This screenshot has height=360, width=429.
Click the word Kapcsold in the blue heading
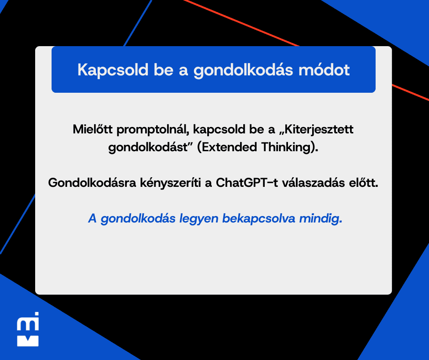pyautogui.click(x=113, y=70)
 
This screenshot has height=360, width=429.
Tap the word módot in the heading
pyautogui.click(x=324, y=70)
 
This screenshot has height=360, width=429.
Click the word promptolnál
pyautogui.click(x=153, y=130)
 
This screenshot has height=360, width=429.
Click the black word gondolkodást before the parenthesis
pyautogui.click(x=150, y=148)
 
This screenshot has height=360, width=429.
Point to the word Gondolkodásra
pyautogui.click(x=92, y=182)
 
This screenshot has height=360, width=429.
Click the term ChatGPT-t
pyautogui.click(x=247, y=182)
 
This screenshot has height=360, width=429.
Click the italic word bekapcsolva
pyautogui.click(x=259, y=219)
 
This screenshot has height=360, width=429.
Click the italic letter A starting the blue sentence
pyautogui.click(x=93, y=219)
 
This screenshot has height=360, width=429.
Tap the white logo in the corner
pyautogui.click(x=28, y=329)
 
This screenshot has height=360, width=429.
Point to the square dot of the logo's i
pyautogui.click(x=37, y=314)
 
